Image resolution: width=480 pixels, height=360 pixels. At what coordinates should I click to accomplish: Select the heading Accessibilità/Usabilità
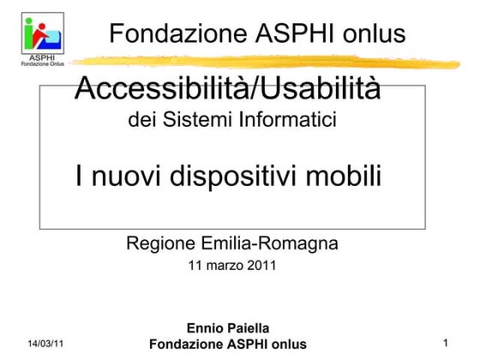228,87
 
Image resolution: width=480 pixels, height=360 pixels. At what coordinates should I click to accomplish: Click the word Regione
160,243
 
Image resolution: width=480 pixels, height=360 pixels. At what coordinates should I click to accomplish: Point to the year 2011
261,266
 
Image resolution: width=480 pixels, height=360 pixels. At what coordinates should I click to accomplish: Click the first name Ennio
206,328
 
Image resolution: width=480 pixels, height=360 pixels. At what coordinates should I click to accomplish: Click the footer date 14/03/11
45,344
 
